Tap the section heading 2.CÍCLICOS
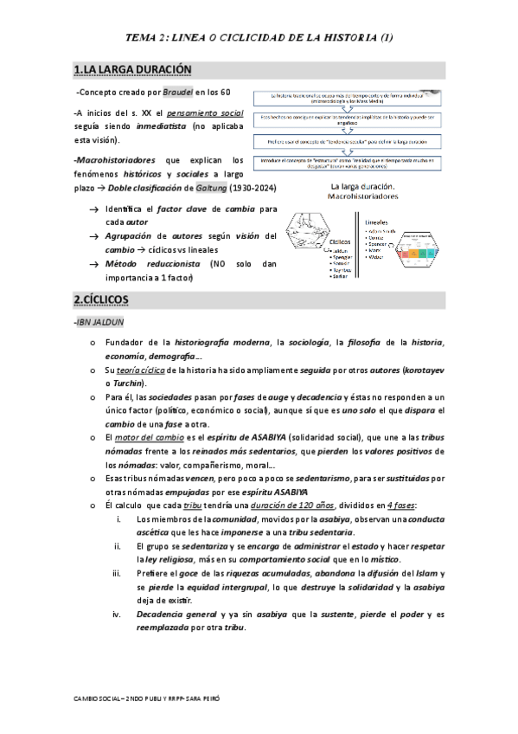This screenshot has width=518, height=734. click(x=101, y=299)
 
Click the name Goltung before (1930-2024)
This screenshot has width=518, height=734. click(x=175, y=188)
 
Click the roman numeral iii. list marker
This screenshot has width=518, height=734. click(x=118, y=574)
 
